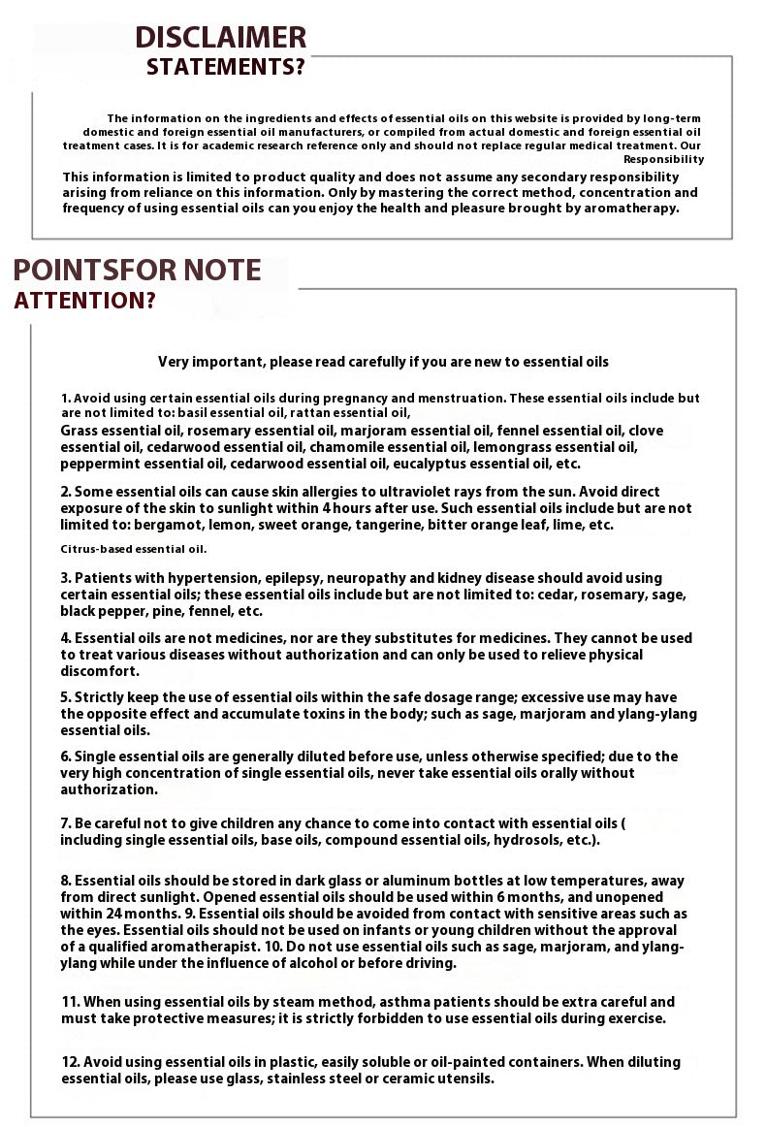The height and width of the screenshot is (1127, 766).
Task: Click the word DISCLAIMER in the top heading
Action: point(220,38)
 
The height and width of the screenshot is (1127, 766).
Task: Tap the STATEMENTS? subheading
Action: point(225,68)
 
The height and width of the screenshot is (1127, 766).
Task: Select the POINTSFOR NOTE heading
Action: point(138,270)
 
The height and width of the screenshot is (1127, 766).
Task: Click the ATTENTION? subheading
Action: point(84,301)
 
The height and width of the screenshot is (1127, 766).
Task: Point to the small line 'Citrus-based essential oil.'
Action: point(134,549)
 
